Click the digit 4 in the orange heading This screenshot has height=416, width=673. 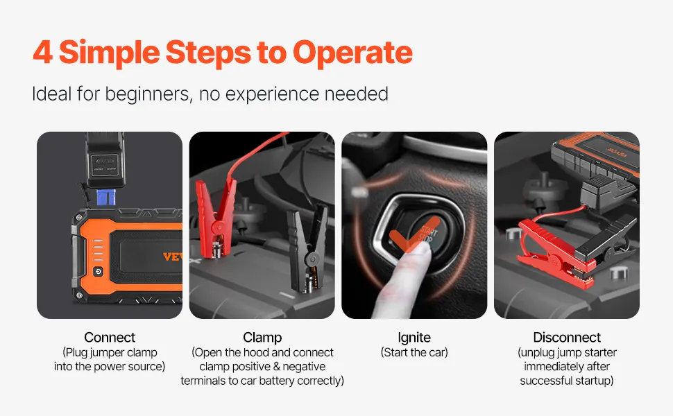point(42,52)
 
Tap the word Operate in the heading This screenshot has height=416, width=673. point(352,54)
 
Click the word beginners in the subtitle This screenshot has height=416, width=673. point(148,94)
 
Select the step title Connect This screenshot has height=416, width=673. point(110,337)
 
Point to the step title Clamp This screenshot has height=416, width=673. point(262,338)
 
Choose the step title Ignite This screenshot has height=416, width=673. point(414,338)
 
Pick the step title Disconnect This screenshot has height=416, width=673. point(567,337)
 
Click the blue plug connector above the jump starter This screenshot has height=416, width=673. point(106,198)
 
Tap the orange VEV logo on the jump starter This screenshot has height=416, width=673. point(173,257)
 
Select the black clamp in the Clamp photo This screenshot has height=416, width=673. point(307,249)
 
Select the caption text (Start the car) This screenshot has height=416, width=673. point(414,352)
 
